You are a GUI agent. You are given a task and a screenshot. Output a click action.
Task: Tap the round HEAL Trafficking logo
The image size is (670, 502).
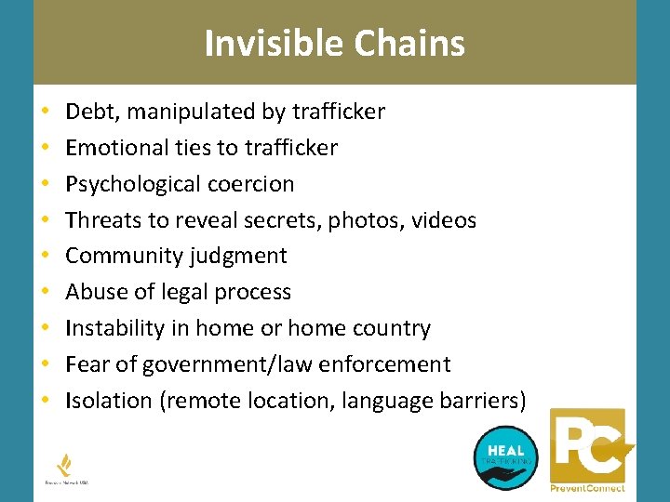(505, 456)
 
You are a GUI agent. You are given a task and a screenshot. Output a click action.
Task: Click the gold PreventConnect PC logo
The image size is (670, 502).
(588, 450)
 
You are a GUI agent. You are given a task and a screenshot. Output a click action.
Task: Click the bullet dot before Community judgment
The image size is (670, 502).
(46, 257)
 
